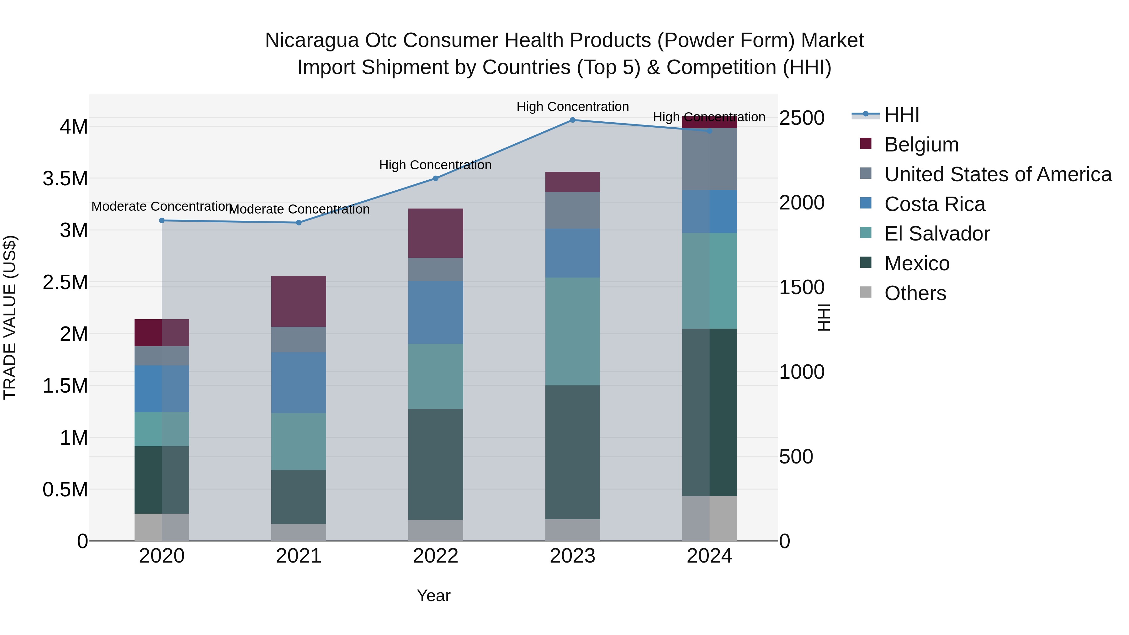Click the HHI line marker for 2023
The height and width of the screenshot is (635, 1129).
[x=572, y=120]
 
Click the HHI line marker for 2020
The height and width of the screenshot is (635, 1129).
[x=162, y=220]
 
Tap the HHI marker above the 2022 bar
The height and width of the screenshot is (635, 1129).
[x=436, y=178]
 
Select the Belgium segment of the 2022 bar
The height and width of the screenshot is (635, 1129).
[x=436, y=233]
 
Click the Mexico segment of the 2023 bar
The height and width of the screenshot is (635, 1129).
[x=572, y=452]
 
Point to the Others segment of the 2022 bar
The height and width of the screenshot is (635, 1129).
[x=436, y=530]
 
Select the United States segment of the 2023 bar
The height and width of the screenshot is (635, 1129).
[x=572, y=210]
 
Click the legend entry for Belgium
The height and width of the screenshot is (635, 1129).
[x=921, y=145]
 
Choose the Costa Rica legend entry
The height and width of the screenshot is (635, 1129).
[x=935, y=204]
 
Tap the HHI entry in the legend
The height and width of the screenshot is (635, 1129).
[x=902, y=115]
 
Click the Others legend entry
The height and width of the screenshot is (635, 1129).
[x=915, y=293]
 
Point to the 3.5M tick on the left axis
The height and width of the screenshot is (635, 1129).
[x=65, y=179]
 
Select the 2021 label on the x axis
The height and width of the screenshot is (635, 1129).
[x=299, y=556]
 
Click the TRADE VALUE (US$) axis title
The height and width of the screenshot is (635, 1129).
[x=10, y=317]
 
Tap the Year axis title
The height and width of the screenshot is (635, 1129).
[x=433, y=595]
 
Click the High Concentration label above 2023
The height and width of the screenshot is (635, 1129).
[x=572, y=107]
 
